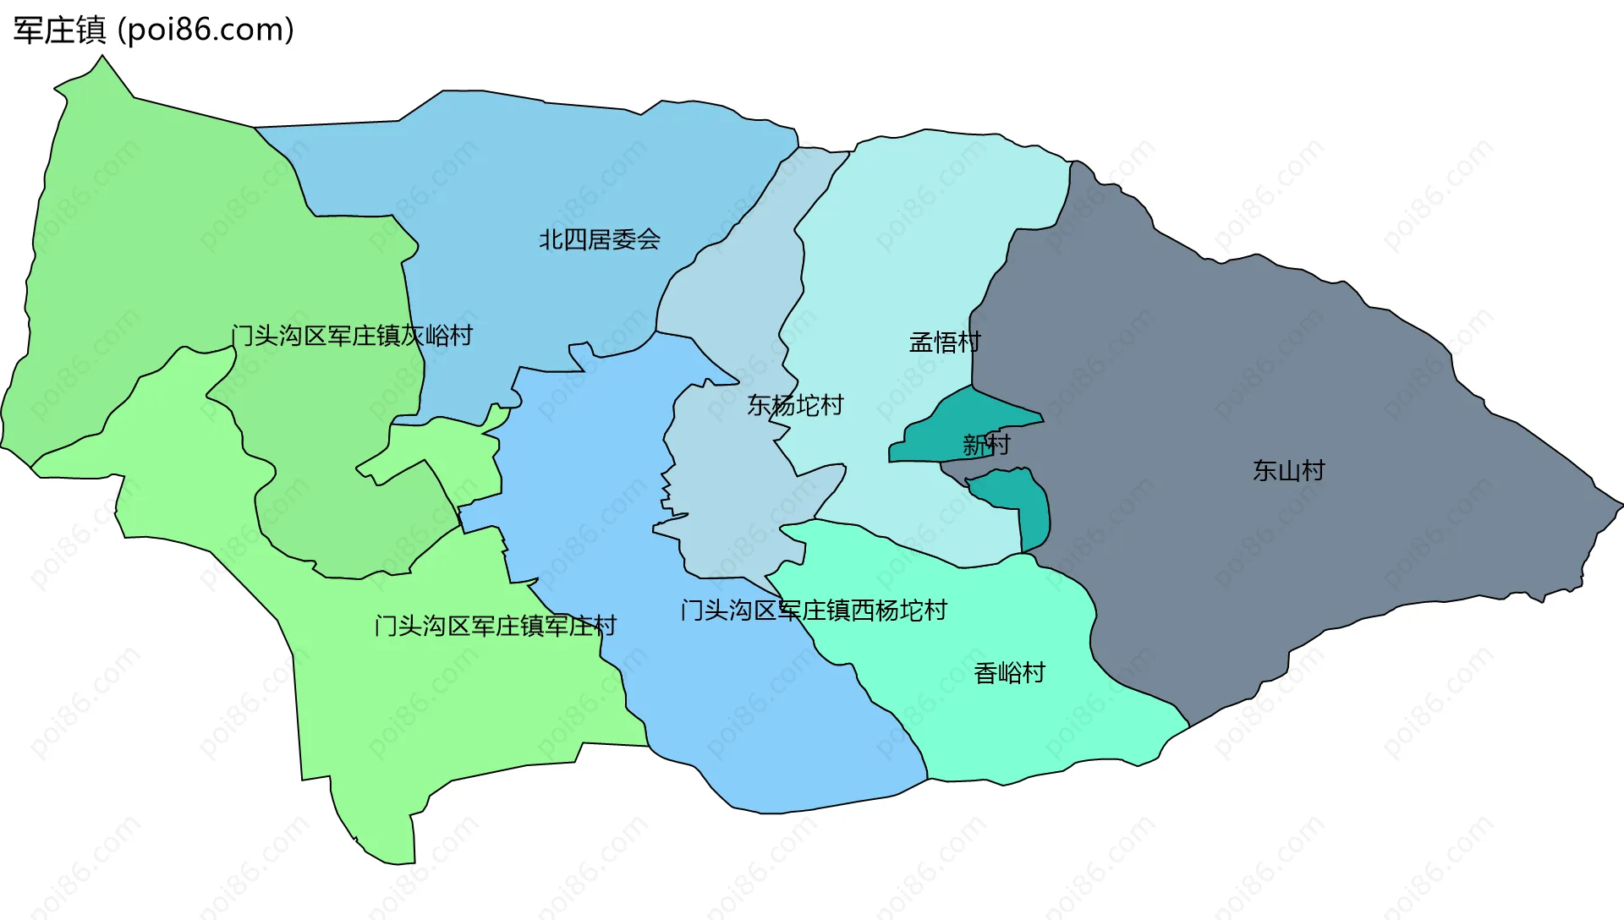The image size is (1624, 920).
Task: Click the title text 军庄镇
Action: (x=59, y=30)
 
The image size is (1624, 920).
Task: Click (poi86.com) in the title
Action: (x=206, y=30)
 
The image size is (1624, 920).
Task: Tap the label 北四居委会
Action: (x=600, y=240)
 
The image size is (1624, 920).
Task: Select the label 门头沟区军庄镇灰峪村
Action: (x=352, y=336)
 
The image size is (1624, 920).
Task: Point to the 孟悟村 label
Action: (x=945, y=342)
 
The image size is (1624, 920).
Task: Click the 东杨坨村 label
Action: (x=795, y=406)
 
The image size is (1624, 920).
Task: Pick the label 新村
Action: (x=986, y=444)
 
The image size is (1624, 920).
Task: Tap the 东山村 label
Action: (x=1288, y=471)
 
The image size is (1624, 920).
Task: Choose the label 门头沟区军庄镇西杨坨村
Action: (x=814, y=611)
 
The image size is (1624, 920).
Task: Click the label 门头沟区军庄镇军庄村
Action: (x=496, y=626)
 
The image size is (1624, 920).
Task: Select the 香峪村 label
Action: (x=1009, y=673)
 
